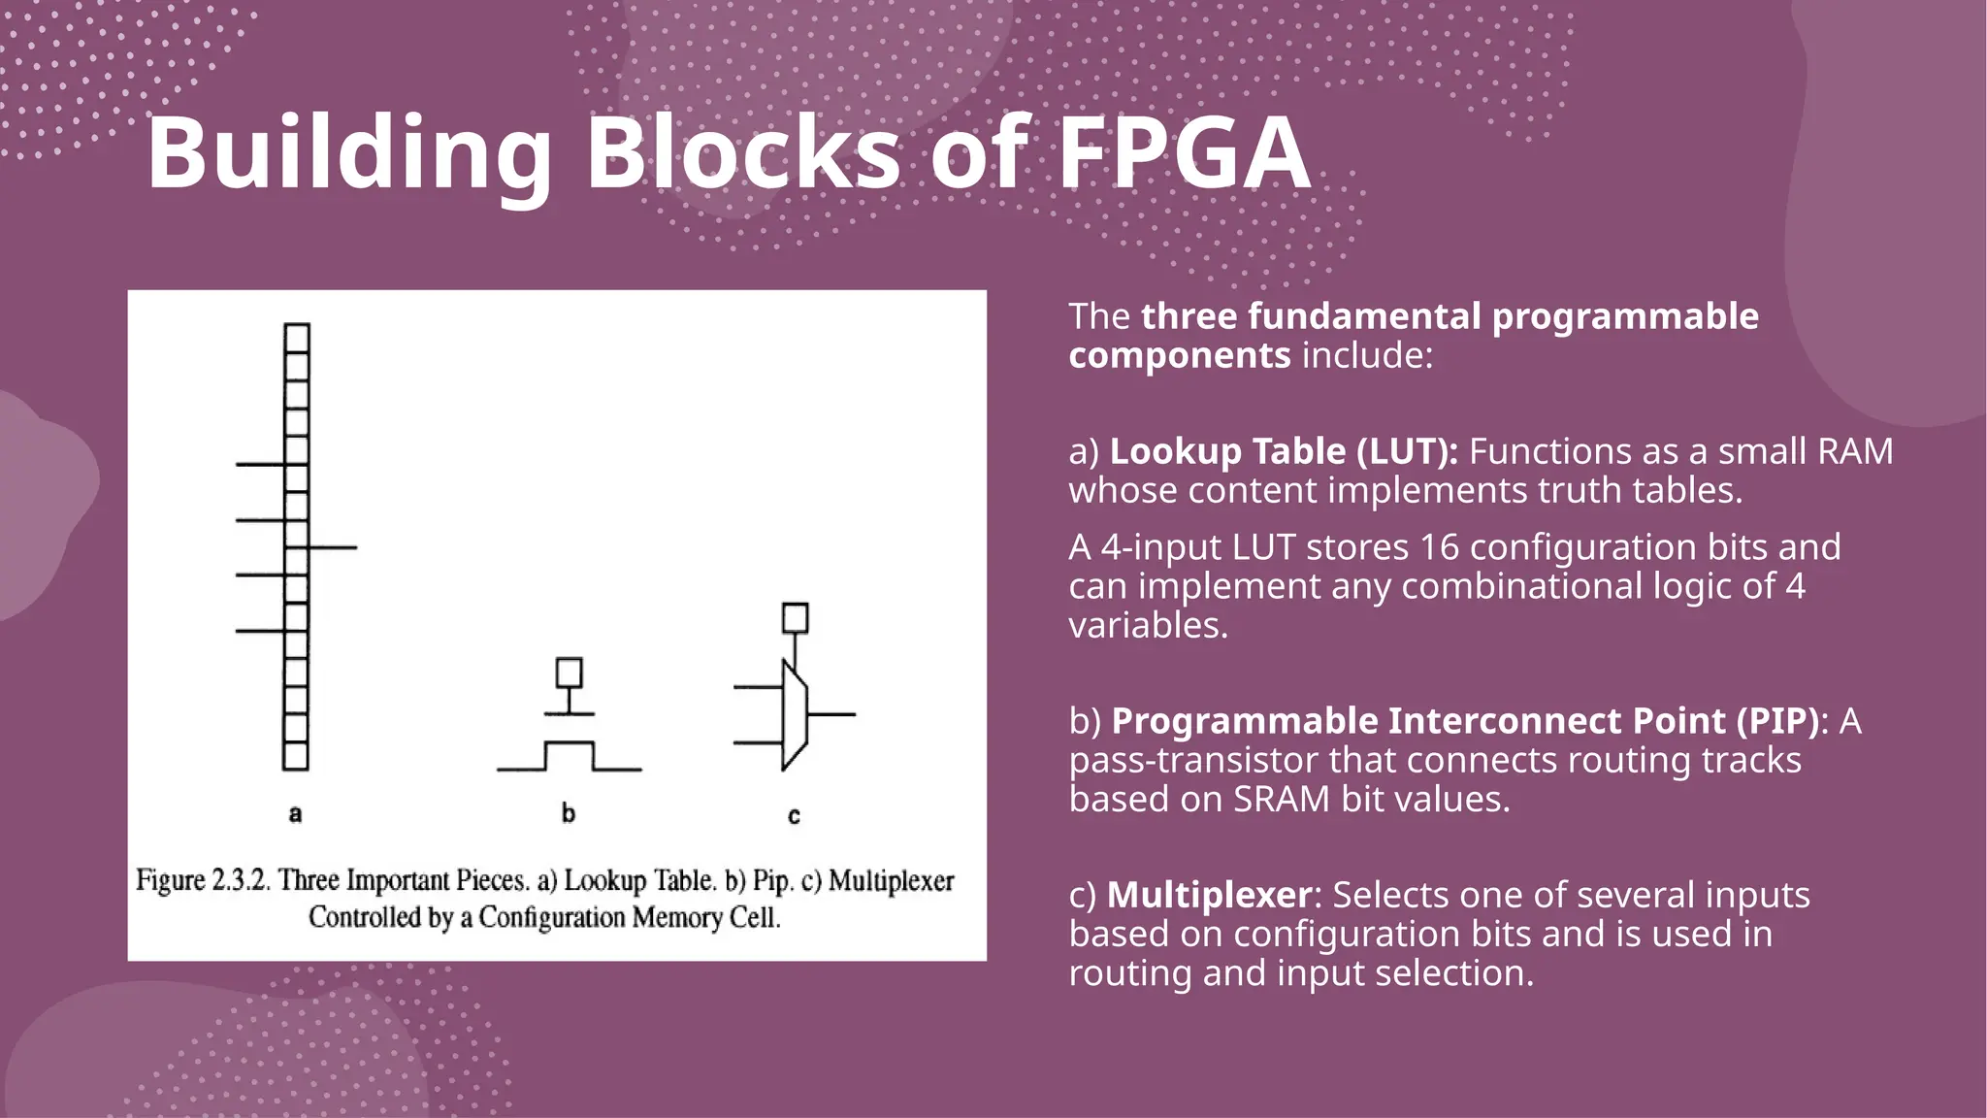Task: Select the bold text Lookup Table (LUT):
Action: [x=1283, y=451]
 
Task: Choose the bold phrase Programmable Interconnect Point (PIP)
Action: [x=1464, y=721]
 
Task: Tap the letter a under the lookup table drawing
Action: [x=296, y=813]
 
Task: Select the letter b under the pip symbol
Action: [x=569, y=813]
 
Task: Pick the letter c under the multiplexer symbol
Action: [x=794, y=816]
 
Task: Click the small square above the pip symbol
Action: [x=570, y=673]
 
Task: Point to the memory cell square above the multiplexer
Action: [x=796, y=618]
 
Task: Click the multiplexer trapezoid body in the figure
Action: [x=795, y=715]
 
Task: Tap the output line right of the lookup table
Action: [x=334, y=547]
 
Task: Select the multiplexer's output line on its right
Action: [x=832, y=714]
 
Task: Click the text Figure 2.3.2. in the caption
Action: [x=202, y=880]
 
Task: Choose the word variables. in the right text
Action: [x=1149, y=625]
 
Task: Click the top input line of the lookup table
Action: [x=259, y=465]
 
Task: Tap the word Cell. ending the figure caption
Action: [x=754, y=917]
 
